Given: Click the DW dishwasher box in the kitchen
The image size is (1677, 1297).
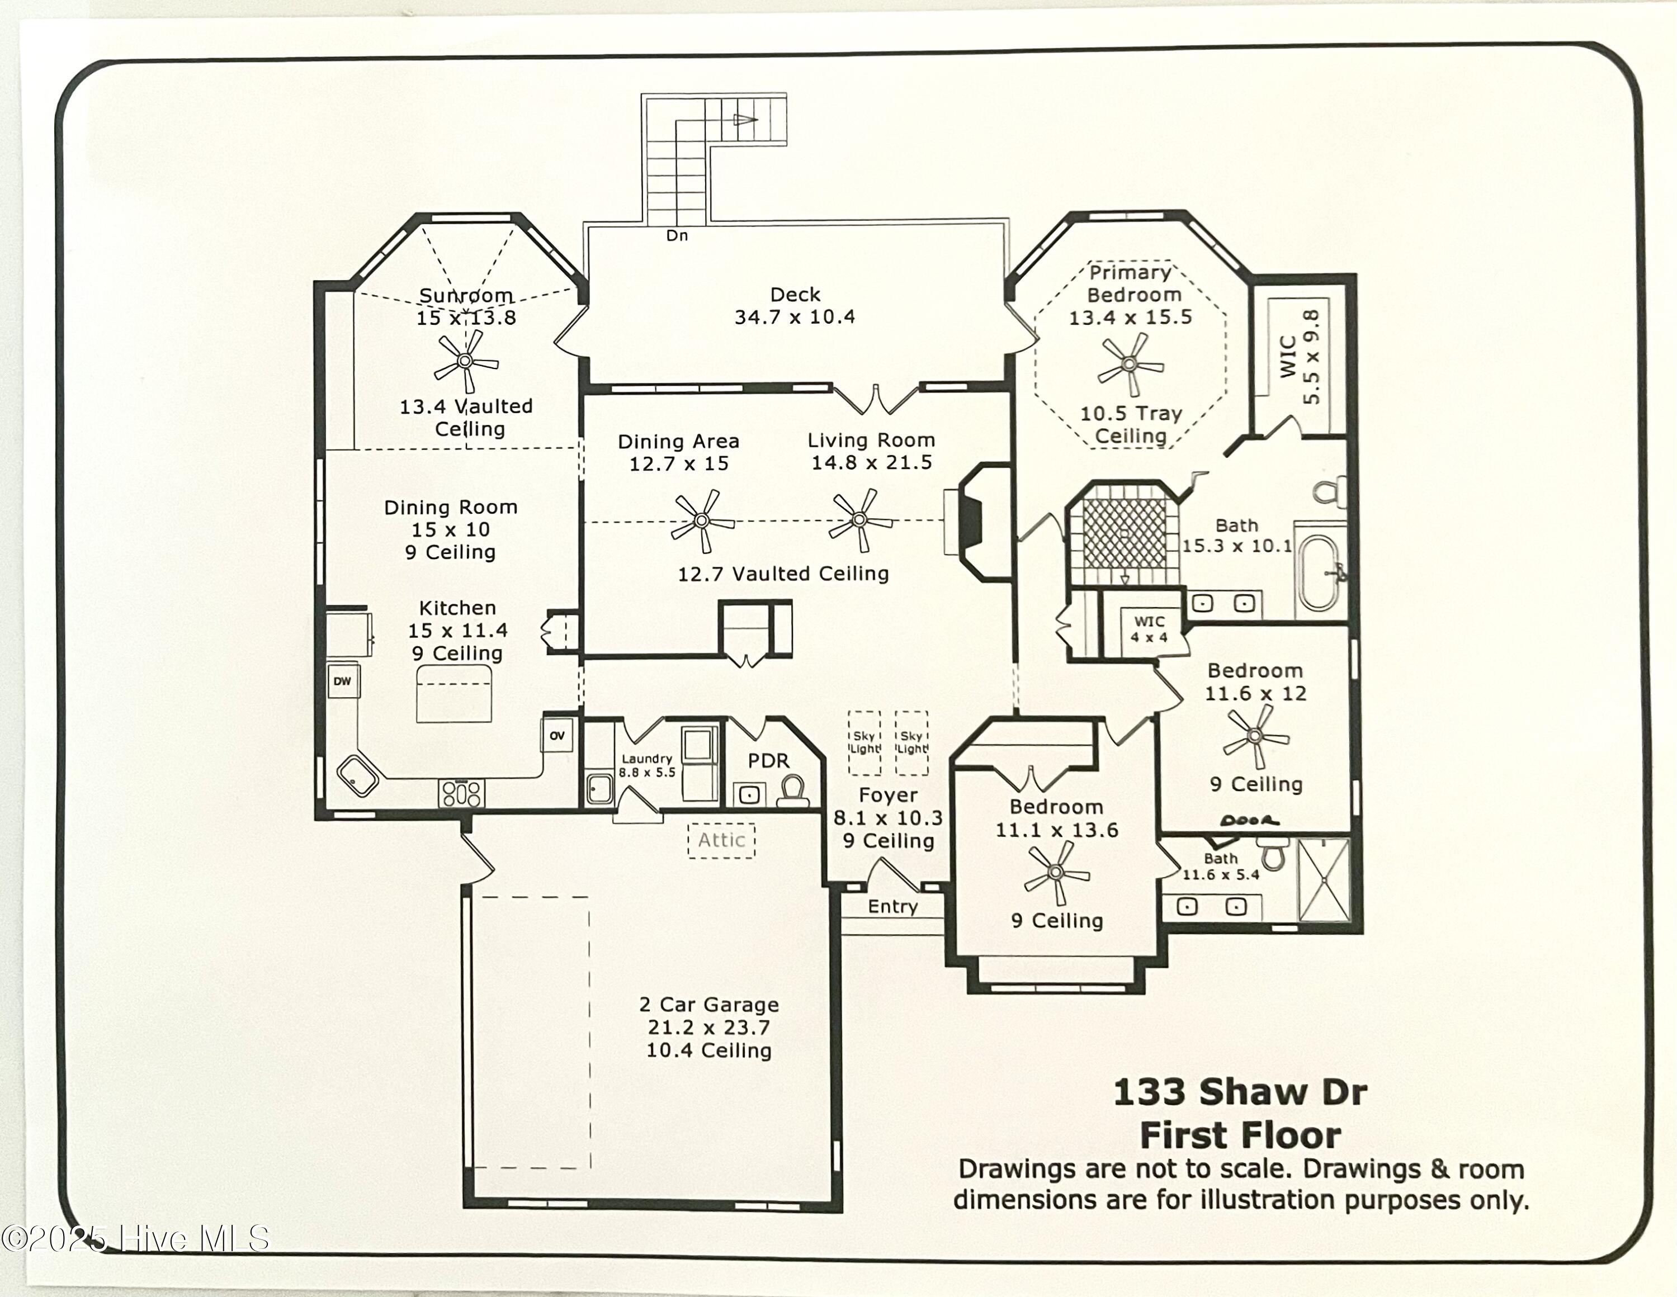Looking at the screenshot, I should [342, 681].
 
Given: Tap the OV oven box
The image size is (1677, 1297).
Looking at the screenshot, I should [558, 735].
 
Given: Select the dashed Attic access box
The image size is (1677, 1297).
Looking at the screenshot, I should [721, 840].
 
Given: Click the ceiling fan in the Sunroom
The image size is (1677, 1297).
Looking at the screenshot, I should [465, 361].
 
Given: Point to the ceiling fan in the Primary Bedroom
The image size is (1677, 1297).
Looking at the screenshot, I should [1130, 364].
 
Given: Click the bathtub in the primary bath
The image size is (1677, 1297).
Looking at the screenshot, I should [1321, 570].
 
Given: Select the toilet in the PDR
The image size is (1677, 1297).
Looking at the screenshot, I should [792, 790].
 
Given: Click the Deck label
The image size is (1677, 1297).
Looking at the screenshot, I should [795, 295].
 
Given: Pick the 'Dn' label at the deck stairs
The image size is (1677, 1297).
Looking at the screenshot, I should [677, 235].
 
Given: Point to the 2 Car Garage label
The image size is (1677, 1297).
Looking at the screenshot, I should [708, 1005].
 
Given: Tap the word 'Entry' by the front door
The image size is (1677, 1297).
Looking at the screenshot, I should [892, 906].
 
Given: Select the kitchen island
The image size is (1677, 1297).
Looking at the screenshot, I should [453, 694].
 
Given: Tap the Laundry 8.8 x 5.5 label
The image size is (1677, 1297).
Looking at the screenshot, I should [646, 765].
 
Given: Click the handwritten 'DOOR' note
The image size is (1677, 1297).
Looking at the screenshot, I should [1249, 820].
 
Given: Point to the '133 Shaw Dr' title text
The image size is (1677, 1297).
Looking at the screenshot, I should [1239, 1091].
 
